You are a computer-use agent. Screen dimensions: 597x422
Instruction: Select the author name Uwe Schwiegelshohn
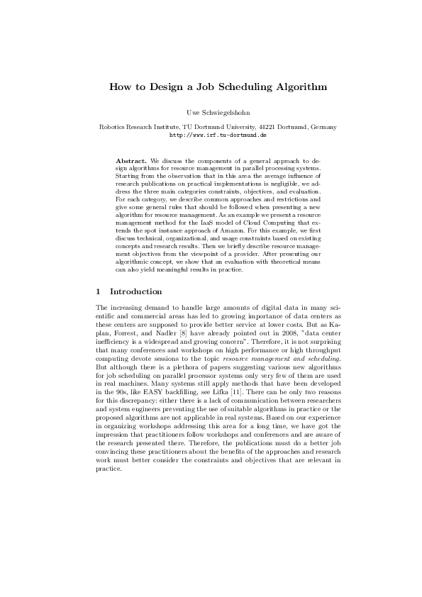pos(211,113)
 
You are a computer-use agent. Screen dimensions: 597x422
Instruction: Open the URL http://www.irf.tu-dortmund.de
pos(211,134)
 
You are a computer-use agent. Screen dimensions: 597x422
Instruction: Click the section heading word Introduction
pos(136,291)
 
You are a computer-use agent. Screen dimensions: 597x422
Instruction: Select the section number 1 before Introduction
pos(98,291)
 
